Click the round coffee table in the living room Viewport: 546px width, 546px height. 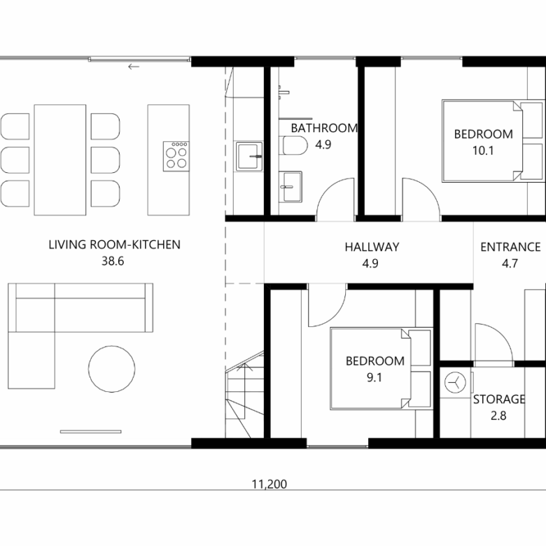point(111,369)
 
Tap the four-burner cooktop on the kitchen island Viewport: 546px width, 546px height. point(176,156)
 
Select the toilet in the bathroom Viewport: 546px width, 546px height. point(295,145)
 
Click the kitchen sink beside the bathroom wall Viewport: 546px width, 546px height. point(249,156)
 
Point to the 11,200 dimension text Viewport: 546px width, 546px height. point(269,484)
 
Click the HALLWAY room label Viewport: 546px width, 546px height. point(372,247)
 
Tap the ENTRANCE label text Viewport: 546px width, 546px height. point(510,247)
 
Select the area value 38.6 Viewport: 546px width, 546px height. point(113,261)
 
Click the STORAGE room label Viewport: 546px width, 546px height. point(499,399)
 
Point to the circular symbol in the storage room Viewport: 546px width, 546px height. point(456,382)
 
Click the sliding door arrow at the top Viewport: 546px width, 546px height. point(134,66)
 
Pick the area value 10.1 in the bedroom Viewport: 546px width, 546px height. point(483,150)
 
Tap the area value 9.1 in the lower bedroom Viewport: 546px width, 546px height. point(374,377)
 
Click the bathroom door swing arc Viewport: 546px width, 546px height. point(328,190)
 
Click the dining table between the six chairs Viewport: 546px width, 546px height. point(60,160)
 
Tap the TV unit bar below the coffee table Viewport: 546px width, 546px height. point(91,432)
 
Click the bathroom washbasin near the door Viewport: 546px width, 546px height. point(290,187)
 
